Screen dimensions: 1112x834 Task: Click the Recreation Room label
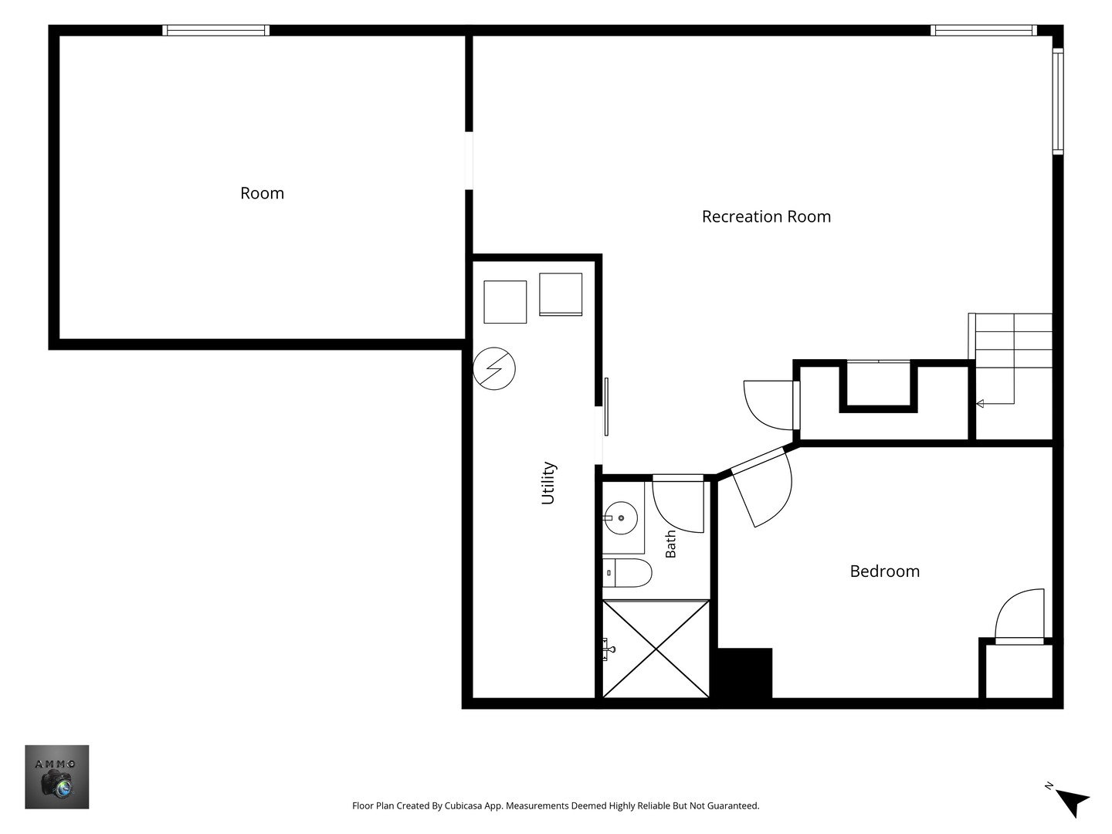766,217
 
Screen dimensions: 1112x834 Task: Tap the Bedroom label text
884,571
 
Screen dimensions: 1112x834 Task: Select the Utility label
548,483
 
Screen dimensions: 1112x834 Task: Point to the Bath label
670,544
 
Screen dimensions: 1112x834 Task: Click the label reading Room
262,193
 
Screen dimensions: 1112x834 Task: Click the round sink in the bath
621,518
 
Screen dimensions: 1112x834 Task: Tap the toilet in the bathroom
627,573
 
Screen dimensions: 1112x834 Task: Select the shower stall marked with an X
656,649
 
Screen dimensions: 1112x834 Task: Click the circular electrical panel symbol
494,368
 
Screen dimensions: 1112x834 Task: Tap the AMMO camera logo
56,776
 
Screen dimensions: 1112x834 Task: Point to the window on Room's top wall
215,30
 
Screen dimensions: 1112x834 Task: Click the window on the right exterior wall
1058,100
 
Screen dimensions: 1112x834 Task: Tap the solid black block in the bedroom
744,673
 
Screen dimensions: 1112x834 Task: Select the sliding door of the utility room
606,407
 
